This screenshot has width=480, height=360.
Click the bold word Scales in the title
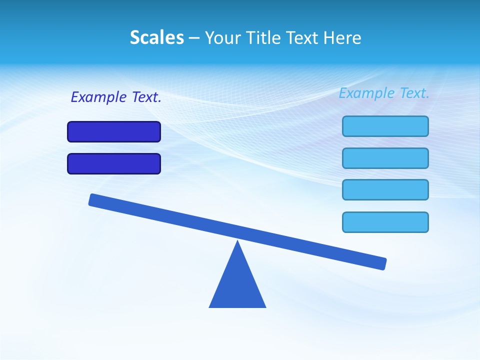157,37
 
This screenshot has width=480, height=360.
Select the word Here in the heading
343,37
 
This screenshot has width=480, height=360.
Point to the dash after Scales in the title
194,38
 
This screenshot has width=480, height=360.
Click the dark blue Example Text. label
116,97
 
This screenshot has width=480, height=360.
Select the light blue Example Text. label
384,93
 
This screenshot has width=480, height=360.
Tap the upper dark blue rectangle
114,132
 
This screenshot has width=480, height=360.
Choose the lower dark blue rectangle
114,164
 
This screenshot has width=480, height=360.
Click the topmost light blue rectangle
385,126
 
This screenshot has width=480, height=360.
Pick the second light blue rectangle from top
385,158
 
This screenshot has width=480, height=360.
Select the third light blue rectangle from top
385,190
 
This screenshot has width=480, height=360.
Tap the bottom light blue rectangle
385,222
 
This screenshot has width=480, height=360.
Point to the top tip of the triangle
237,242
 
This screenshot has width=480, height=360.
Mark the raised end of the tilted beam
93,199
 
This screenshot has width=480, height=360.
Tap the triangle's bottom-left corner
210,306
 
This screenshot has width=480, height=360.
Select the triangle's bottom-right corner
265,306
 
